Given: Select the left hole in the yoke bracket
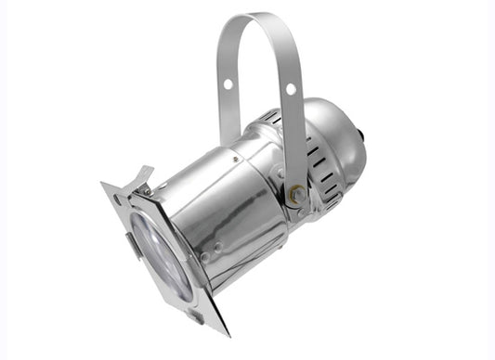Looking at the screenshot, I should coord(228,84).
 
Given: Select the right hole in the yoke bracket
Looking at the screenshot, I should coord(290,90).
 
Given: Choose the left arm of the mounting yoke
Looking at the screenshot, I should coord(224,102).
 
